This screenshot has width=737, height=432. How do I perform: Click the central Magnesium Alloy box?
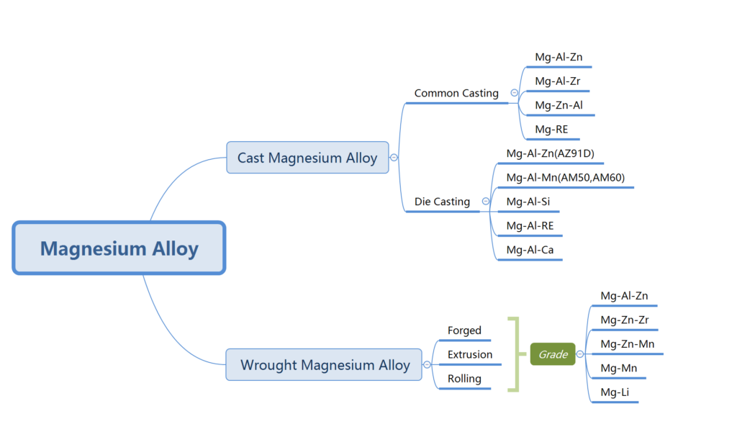(x=119, y=248)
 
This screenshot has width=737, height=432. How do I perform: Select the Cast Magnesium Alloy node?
(x=307, y=158)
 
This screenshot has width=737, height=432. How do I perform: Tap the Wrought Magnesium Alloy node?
(x=324, y=364)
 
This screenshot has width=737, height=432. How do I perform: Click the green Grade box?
(x=553, y=354)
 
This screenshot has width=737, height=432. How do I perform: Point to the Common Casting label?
(x=456, y=93)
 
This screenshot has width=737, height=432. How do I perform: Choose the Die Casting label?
(x=442, y=202)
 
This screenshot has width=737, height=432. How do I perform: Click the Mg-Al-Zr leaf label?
(x=558, y=81)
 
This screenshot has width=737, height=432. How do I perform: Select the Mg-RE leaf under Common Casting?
(x=551, y=130)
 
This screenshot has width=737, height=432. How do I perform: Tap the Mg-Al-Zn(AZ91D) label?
(x=550, y=153)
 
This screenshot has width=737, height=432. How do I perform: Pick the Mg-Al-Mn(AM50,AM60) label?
(x=566, y=177)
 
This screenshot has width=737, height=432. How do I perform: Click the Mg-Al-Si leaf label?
(x=528, y=202)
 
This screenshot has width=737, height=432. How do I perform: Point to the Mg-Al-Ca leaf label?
(x=530, y=250)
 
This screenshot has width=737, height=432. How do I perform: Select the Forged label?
(x=464, y=330)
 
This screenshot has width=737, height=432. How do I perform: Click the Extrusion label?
(x=470, y=354)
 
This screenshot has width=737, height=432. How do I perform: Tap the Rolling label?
(x=464, y=379)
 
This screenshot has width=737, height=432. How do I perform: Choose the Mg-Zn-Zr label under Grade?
(x=625, y=320)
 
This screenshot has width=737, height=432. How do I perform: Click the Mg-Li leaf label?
(x=615, y=392)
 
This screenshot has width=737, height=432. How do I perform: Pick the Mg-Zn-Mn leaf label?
(x=628, y=343)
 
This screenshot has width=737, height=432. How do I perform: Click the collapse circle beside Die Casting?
(x=486, y=201)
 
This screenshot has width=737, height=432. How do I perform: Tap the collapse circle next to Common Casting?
(x=514, y=93)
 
